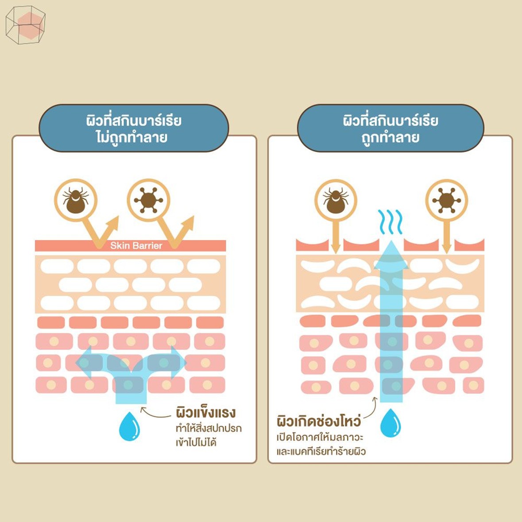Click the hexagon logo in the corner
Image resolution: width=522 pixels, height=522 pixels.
point(25,25)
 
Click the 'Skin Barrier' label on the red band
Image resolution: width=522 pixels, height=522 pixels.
point(136,246)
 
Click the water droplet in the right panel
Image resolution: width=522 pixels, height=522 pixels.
point(391,422)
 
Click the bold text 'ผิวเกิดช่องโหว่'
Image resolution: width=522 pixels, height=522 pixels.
point(317,420)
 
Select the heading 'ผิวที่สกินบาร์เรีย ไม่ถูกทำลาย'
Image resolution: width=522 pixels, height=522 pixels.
point(134,128)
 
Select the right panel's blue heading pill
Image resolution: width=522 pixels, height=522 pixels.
point(390,128)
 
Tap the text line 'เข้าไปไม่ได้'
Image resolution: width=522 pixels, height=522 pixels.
point(196,442)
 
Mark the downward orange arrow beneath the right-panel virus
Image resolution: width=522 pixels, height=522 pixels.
point(446,239)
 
